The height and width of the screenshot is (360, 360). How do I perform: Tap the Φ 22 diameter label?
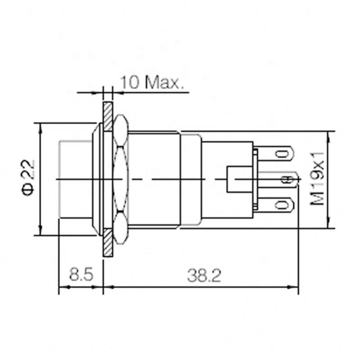28,179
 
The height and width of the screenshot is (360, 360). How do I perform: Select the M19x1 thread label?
319,179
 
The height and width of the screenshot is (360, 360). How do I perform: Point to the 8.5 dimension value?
81,275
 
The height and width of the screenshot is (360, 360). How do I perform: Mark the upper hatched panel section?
108,116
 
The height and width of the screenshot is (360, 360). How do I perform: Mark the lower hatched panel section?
108,243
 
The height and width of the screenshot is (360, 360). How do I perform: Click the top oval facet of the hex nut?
121,131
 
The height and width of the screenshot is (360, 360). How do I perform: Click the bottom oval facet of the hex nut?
121,228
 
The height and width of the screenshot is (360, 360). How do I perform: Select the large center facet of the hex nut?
121,179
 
